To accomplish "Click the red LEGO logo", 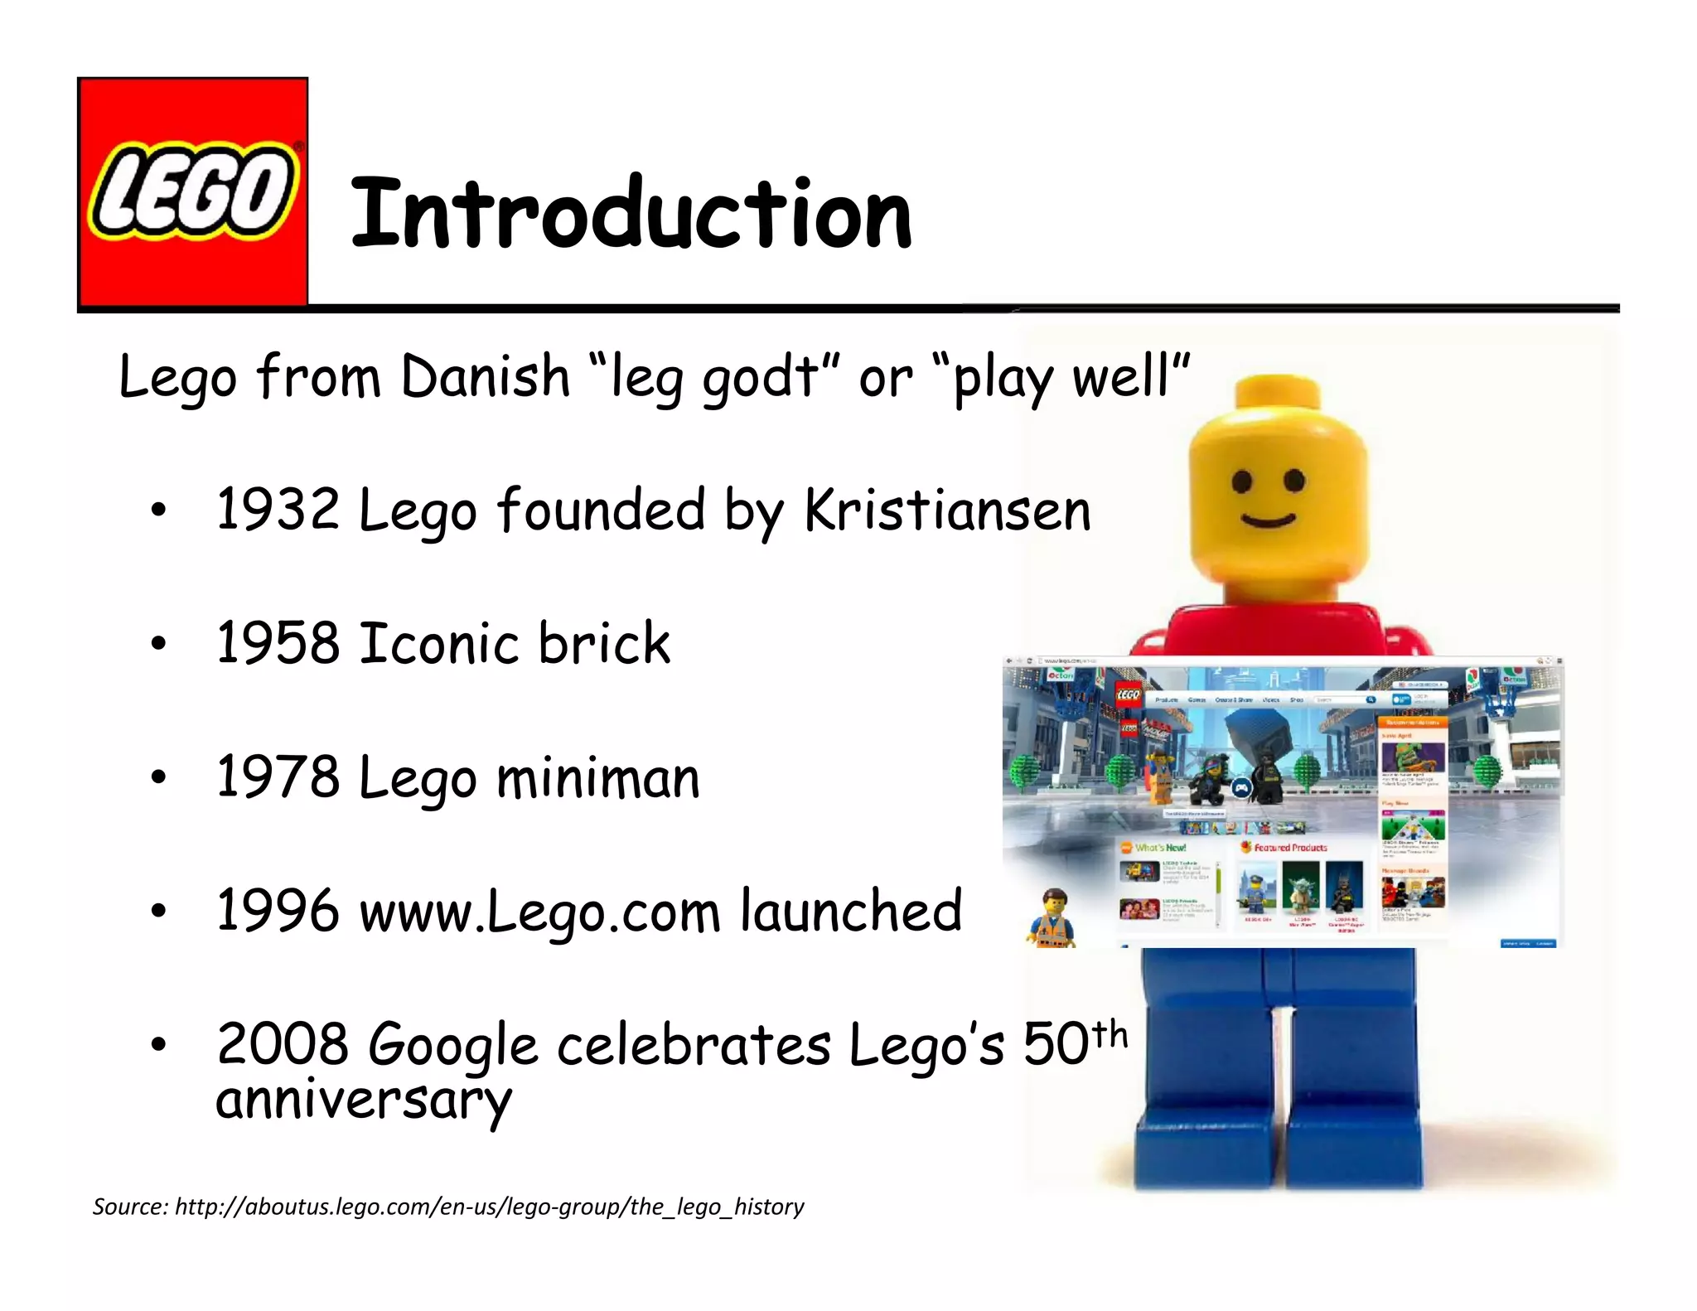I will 192,192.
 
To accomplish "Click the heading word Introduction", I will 631,214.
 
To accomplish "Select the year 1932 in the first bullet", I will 278,509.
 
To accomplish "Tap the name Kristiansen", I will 947,509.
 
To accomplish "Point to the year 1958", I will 278,643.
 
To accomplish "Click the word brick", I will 604,643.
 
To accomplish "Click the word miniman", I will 598,779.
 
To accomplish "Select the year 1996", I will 278,911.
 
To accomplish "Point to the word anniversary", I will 364,1101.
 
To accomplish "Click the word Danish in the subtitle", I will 486,376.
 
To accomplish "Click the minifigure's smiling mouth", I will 1268,520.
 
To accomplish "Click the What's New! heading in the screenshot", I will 1160,848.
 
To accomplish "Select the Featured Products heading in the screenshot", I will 1289,848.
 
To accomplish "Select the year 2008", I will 282,1044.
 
